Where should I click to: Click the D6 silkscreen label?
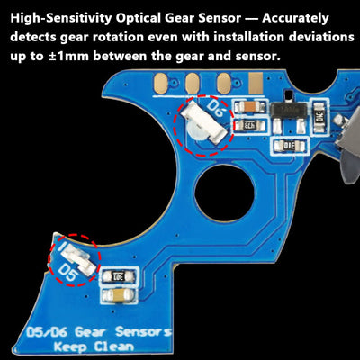point(215,109)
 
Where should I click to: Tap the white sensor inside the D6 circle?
point(197,125)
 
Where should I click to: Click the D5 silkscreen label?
point(68,269)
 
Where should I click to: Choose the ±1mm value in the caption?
point(47,57)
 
